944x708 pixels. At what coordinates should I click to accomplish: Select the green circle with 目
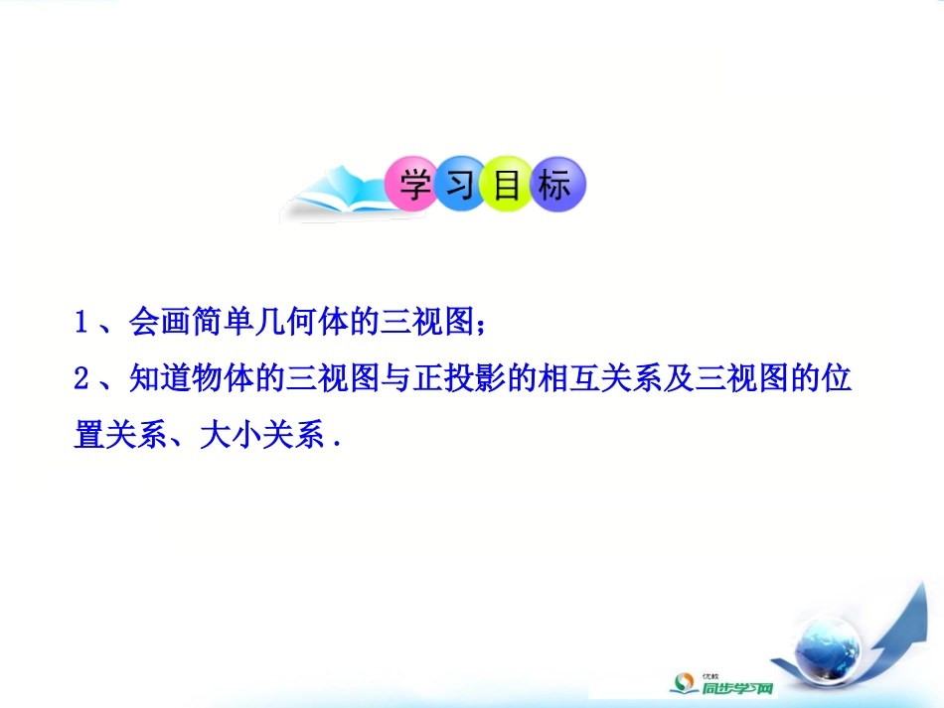[508, 185]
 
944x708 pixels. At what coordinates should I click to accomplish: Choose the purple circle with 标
[556, 185]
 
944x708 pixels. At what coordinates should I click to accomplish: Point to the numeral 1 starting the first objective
[82, 323]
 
